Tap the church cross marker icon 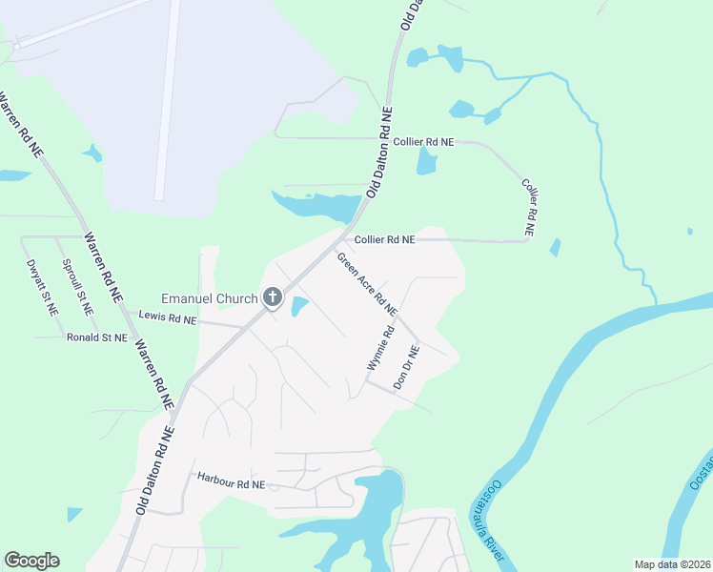272,298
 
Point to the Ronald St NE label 96,337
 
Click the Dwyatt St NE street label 43,287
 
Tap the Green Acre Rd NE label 366,283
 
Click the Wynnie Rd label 379,349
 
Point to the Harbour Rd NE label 230,481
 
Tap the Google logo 31,561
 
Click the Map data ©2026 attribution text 671,564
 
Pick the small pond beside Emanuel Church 299,307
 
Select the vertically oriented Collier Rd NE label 527,206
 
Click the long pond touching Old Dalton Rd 319,204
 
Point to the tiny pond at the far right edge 689,231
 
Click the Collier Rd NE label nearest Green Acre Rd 384,240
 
